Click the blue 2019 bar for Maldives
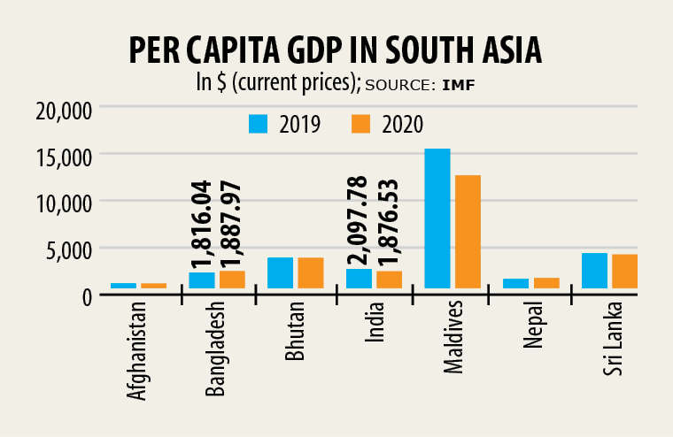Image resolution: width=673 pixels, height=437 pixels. pos(437,218)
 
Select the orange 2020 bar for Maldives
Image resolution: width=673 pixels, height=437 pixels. pos(468,231)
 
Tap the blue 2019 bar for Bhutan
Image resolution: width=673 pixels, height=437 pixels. pos(280,272)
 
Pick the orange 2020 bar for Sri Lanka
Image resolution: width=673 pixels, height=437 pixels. pos(624,271)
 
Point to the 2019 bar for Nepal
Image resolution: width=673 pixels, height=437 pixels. pos(516,283)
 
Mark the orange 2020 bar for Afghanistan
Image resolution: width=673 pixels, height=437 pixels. pos(154,285)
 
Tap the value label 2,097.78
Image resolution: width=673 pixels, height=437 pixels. pos(360,220)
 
